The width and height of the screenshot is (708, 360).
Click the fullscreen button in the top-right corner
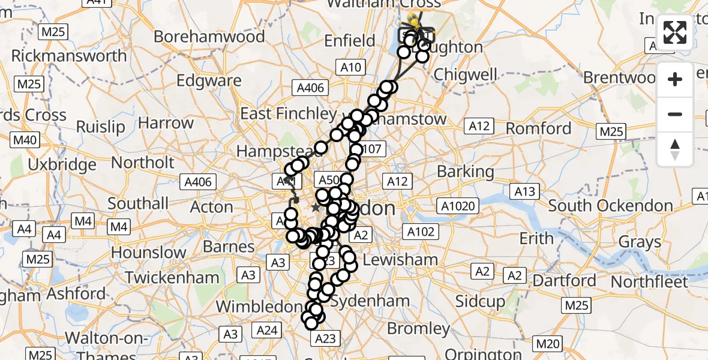point(675,32)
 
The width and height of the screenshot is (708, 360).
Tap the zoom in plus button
point(675,79)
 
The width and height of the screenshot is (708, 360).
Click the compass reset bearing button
point(675,149)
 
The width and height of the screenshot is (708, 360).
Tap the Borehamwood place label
point(209,37)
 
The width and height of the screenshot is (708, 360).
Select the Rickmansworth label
point(69,56)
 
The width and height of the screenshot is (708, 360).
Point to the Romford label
point(538,128)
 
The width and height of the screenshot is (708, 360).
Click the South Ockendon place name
point(610,206)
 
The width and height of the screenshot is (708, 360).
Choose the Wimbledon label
point(259,307)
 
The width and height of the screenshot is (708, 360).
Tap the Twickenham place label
point(172,278)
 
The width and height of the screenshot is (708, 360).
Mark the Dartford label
point(565,280)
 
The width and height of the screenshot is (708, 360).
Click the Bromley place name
point(418,329)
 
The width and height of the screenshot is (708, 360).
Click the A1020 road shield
point(459,207)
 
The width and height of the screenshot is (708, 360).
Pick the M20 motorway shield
point(547,344)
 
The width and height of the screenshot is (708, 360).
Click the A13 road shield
point(524,191)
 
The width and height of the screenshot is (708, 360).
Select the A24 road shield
point(267,329)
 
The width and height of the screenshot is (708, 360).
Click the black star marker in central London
point(316,208)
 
